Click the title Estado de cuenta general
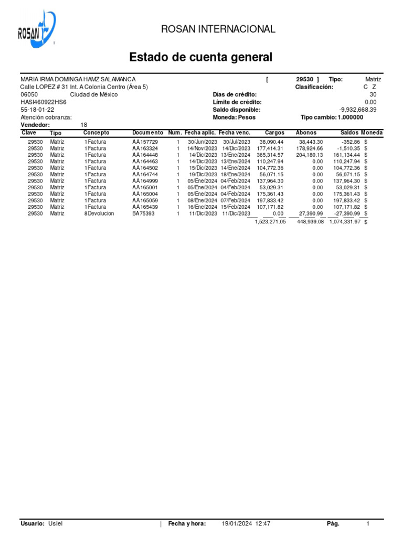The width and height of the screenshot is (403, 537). pos(201,57)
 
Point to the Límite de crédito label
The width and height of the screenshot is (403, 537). pos(237,102)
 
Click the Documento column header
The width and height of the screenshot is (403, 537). pos(147,133)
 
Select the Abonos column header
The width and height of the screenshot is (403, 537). pos(306,133)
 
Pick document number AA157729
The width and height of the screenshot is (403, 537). pos(145,142)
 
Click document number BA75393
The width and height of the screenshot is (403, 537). pos(143,213)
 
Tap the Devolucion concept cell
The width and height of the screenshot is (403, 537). pos(100,213)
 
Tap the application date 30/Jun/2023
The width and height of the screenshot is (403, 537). pos(202,142)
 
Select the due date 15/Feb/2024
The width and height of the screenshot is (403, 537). pos(235,207)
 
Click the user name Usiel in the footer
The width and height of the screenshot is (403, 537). pos(56,524)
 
